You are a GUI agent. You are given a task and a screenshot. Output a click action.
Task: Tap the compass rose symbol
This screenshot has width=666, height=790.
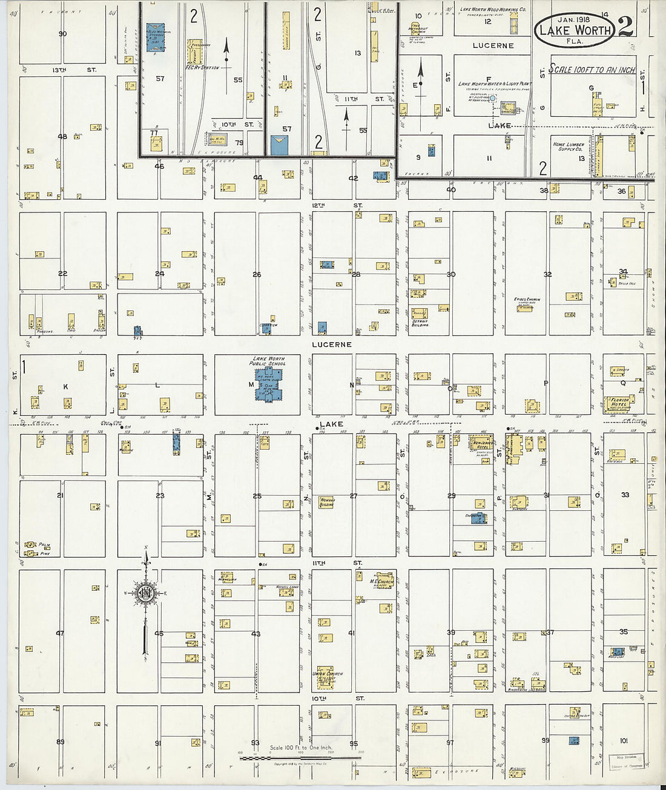(x=146, y=593)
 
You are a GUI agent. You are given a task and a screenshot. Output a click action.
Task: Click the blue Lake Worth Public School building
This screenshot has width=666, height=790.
(x=268, y=384)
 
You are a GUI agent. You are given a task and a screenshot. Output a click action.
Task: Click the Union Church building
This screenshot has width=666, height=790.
(x=328, y=677)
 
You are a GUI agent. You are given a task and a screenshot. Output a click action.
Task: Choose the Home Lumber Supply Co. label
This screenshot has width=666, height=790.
(x=567, y=147)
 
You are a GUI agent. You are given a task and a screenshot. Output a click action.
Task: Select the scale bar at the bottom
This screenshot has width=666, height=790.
(x=300, y=757)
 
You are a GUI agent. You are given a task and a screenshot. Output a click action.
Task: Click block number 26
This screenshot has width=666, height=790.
(x=257, y=274)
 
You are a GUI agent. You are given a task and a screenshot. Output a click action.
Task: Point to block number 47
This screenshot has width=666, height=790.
(x=60, y=633)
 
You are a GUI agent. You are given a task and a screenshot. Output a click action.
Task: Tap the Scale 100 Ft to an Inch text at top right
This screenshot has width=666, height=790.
(x=592, y=70)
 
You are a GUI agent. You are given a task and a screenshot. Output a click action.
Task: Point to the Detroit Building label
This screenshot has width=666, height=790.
(x=420, y=323)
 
